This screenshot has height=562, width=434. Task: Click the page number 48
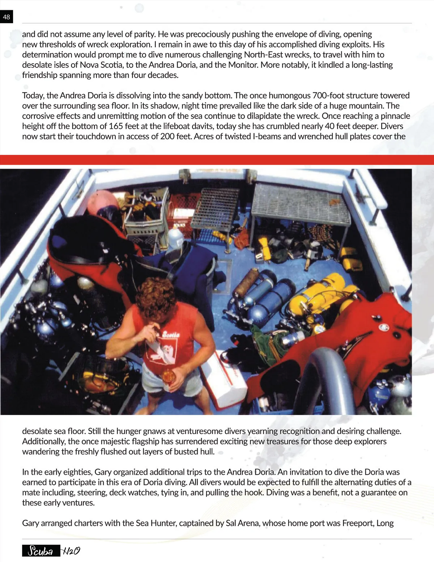7,17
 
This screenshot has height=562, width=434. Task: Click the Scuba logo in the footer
41,551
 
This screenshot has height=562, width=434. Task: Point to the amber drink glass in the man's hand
168,376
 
